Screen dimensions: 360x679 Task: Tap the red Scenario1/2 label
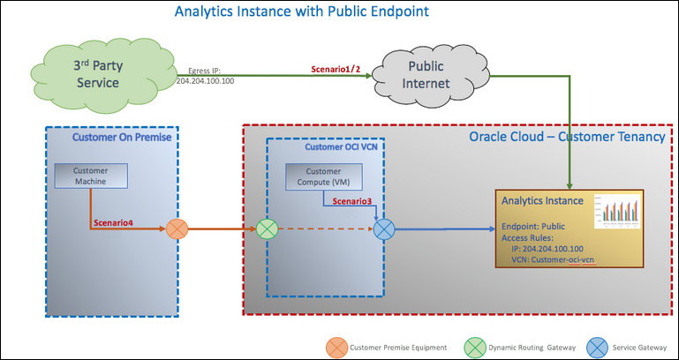point(337,68)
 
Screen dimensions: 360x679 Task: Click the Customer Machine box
point(92,176)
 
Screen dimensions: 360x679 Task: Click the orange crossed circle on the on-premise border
point(178,231)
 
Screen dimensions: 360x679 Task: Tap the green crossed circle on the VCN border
point(268,231)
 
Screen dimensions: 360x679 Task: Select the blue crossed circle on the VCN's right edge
point(384,231)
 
